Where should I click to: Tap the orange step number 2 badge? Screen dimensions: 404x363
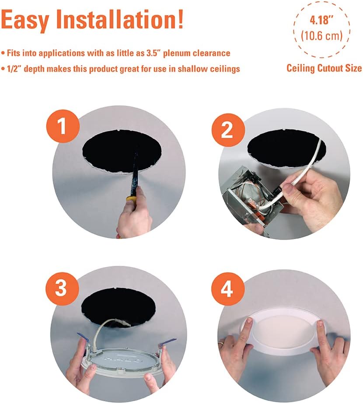point(227,130)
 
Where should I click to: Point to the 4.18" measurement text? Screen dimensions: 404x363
point(321,21)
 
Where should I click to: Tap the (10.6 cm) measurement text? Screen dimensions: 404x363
point(321,36)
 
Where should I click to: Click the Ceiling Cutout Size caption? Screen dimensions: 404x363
point(324,68)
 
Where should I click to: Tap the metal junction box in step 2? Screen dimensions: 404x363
point(247,192)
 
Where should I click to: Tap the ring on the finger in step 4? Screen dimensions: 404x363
point(222,344)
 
